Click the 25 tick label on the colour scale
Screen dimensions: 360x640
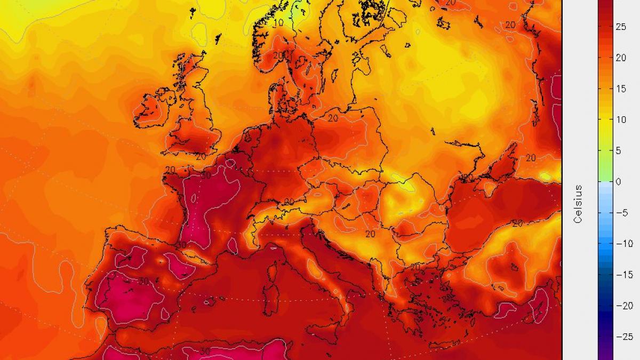[620, 27]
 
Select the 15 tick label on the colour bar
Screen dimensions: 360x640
[620, 89]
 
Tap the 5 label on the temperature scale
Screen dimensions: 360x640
[618, 150]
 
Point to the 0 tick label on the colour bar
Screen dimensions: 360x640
[618, 181]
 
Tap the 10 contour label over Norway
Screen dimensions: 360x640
[278, 23]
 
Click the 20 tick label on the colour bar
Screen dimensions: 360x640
[620, 58]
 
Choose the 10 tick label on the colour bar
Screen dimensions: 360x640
[620, 119]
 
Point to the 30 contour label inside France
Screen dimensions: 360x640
[206, 175]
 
